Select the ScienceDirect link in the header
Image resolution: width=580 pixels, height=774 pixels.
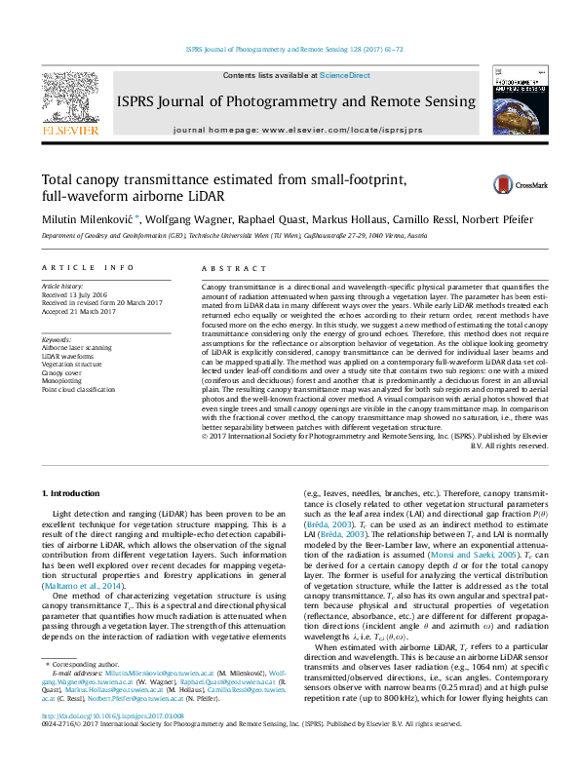pos(345,75)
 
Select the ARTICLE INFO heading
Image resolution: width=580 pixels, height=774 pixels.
pos(87,267)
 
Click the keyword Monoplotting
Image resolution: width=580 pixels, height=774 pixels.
pos(63,380)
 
